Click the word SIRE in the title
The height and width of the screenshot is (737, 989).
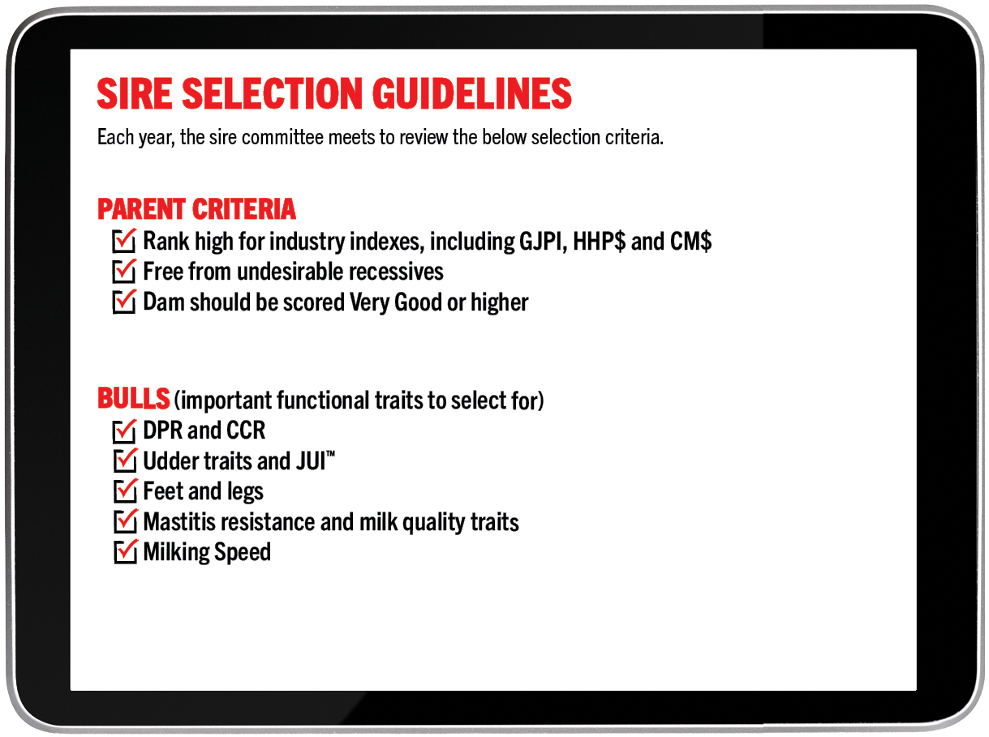[x=134, y=93]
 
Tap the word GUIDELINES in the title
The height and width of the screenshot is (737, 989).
[x=471, y=93]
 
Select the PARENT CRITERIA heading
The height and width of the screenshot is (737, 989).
[x=196, y=209]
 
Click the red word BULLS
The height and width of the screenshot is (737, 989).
[x=133, y=398]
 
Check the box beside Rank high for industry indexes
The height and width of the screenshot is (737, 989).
[x=124, y=241]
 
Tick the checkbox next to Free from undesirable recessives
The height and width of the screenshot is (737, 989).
[x=124, y=271]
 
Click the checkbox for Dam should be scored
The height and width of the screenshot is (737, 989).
[x=124, y=302]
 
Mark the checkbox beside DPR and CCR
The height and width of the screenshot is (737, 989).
[x=124, y=431]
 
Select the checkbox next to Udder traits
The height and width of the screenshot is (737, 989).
[x=125, y=461]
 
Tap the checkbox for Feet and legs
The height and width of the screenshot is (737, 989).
[x=125, y=491]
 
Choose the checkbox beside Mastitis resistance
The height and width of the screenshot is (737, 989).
[x=125, y=521]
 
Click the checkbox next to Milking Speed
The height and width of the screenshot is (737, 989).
[x=125, y=551]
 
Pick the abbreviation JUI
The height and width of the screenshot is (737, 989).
[x=311, y=461]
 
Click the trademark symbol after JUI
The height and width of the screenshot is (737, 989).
[x=331, y=454]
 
